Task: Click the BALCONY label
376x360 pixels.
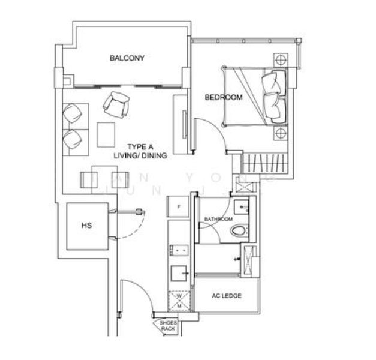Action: (127, 58)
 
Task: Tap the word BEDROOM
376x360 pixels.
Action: (223, 97)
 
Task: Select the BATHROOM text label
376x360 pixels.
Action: (218, 219)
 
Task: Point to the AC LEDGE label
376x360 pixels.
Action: (226, 296)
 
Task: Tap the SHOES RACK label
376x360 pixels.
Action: (167, 327)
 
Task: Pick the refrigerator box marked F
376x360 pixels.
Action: (178, 207)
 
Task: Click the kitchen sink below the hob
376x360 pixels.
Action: (178, 274)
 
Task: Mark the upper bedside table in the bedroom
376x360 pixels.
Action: (279, 61)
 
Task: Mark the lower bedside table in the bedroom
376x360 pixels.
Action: (279, 133)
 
